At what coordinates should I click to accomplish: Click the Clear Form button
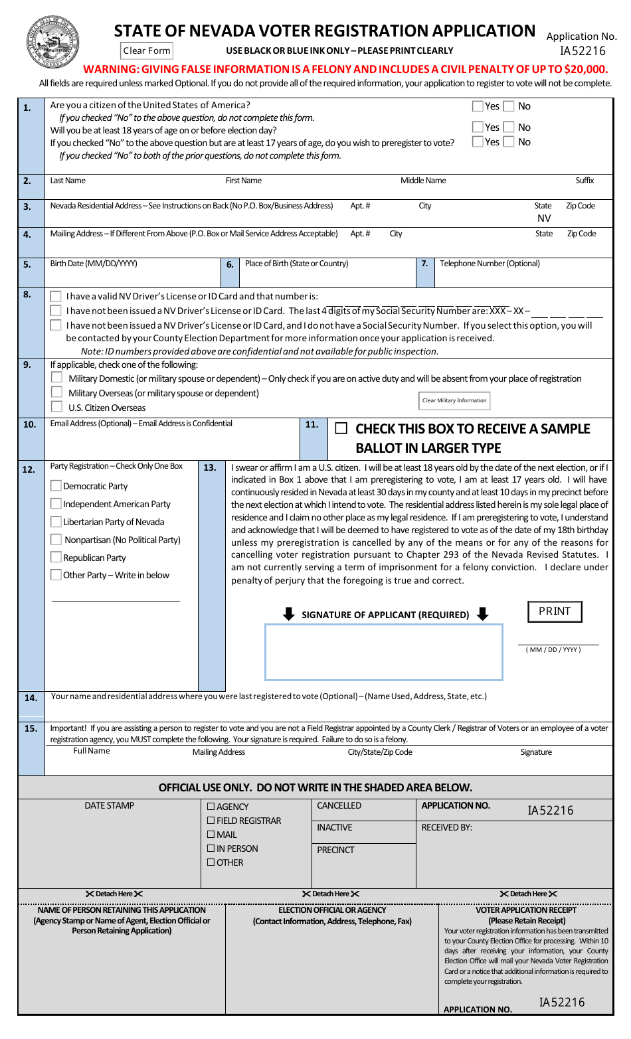pyautogui.click(x=147, y=50)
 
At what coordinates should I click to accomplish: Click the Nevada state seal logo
pyautogui.click(x=53, y=42)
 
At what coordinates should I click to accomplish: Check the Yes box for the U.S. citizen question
pyautogui.click(x=478, y=106)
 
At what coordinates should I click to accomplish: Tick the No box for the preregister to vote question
pyautogui.click(x=509, y=141)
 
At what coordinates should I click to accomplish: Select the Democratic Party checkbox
pyautogui.click(x=56, y=486)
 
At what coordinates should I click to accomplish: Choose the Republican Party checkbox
pyautogui.click(x=56, y=558)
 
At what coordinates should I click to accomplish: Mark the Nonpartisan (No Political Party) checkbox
pyautogui.click(x=56, y=540)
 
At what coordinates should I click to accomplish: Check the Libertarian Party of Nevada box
pyautogui.click(x=56, y=522)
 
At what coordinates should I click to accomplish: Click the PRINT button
pyautogui.click(x=555, y=611)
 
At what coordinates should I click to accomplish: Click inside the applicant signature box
pyautogui.click(x=383, y=652)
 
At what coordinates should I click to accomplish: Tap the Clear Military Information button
pyautogui.click(x=455, y=400)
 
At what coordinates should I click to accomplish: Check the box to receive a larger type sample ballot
pyautogui.click(x=341, y=429)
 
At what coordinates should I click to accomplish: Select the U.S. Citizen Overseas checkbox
pyautogui.click(x=57, y=407)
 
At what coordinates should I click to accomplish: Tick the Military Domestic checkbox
pyautogui.click(x=57, y=378)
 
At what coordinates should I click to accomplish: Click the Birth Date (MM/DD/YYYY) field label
pyautogui.click(x=94, y=264)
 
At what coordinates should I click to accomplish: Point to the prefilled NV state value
pyautogui.click(x=544, y=218)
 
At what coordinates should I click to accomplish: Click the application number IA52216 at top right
pyautogui.click(x=583, y=51)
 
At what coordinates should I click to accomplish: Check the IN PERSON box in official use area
pyautogui.click(x=211, y=848)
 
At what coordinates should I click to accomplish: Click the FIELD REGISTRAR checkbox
pyautogui.click(x=211, y=821)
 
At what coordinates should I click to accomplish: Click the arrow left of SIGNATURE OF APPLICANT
pyautogui.click(x=288, y=614)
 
